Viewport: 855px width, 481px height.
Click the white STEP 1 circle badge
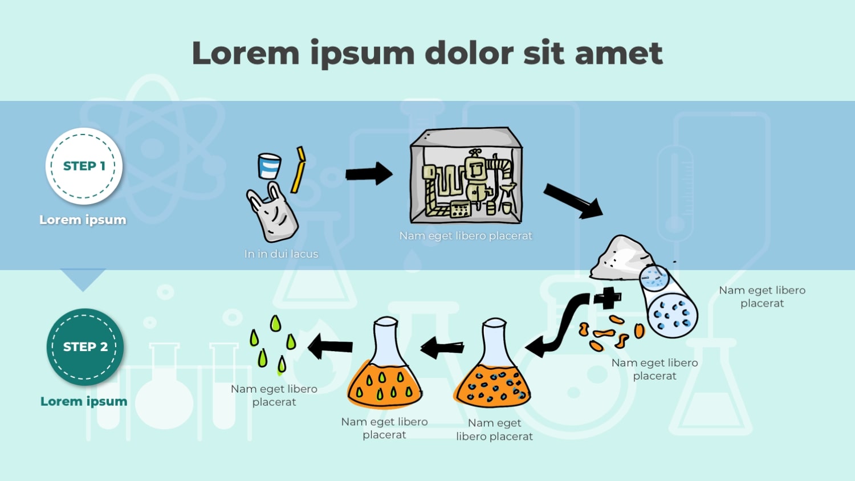(x=84, y=166)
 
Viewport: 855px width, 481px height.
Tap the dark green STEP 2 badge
(x=85, y=347)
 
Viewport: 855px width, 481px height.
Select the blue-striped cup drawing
(x=269, y=166)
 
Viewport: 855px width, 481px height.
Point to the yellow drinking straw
(x=299, y=170)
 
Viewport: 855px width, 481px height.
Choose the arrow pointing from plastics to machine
(x=369, y=173)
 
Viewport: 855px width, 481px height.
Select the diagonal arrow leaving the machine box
(x=573, y=201)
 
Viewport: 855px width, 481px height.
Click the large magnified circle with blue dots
(x=673, y=315)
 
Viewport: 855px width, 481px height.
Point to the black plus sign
(x=608, y=297)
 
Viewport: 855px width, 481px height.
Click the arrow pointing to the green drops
(x=330, y=346)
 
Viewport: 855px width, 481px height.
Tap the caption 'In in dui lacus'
(x=281, y=254)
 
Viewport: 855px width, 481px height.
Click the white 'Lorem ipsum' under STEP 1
(x=83, y=220)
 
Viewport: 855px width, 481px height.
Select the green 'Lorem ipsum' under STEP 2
(x=84, y=401)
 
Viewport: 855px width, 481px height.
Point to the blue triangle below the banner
(x=83, y=278)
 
